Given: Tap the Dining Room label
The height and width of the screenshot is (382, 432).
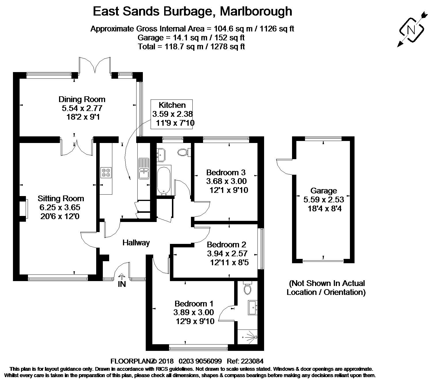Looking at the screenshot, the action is pyautogui.click(x=82, y=99).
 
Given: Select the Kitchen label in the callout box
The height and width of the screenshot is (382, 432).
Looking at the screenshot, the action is pyautogui.click(x=172, y=105).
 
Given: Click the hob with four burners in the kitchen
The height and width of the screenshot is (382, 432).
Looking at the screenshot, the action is pyautogui.click(x=106, y=172).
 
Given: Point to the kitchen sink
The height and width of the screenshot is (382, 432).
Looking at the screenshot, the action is pyautogui.click(x=144, y=168).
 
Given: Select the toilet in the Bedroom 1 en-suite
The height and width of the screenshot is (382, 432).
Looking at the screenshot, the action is pyautogui.click(x=247, y=288).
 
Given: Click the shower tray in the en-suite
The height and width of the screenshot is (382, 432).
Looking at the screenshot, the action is pyautogui.click(x=248, y=337).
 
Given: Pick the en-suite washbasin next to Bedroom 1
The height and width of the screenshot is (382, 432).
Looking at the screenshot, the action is pyautogui.click(x=253, y=308).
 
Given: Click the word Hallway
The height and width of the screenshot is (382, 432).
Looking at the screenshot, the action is pyautogui.click(x=136, y=242).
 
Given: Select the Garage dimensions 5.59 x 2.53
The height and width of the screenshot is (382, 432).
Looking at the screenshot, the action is pyautogui.click(x=324, y=200).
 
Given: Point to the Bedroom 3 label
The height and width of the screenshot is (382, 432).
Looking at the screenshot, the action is pyautogui.click(x=226, y=172).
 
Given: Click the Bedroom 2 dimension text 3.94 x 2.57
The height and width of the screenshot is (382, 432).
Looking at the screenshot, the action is pyautogui.click(x=227, y=253).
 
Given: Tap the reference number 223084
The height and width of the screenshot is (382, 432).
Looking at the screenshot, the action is pyautogui.click(x=252, y=361).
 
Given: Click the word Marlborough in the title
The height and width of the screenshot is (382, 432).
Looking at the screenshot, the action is pyautogui.click(x=256, y=11).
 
